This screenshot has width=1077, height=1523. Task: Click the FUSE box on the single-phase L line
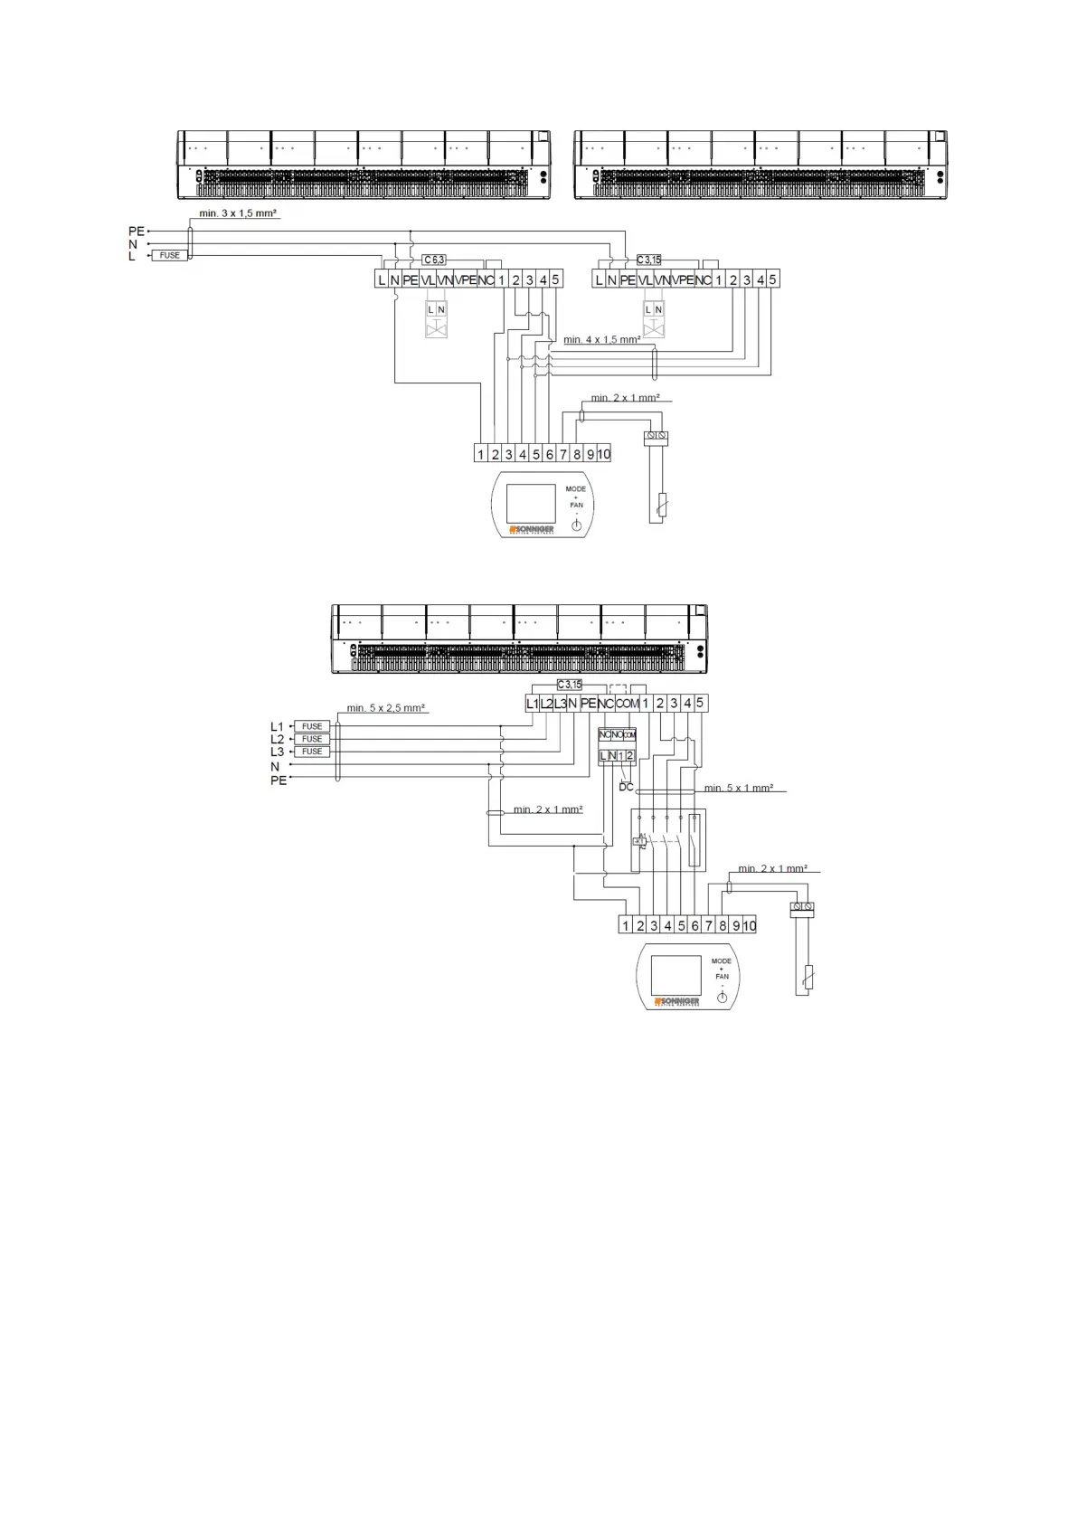pos(170,256)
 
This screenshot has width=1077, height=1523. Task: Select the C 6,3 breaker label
pos(434,260)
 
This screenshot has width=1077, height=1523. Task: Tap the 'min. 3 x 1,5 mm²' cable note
pos(238,213)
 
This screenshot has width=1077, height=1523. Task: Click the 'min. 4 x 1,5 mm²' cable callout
pos(601,339)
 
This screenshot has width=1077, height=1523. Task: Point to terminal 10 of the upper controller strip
pos(604,454)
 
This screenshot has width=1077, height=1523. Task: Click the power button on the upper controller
pos(576,525)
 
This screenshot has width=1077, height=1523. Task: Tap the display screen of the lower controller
pos(675,975)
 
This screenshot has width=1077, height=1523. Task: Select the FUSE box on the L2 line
pos(312,739)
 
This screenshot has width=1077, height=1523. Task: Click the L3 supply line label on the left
pos(277,752)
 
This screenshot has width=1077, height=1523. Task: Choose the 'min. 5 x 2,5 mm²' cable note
pos(386,708)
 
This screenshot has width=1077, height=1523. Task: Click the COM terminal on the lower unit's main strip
pos(628,703)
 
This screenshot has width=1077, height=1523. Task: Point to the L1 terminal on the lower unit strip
pos(533,703)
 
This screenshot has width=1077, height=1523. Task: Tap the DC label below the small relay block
pos(627,787)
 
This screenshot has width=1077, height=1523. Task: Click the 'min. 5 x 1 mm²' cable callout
pos(738,788)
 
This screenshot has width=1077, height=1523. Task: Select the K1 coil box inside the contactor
pos(639,841)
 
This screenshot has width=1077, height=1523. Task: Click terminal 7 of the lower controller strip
pos(709,925)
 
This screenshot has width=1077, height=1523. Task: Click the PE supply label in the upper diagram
pos(136,232)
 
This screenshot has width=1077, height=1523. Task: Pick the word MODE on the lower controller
pos(722,960)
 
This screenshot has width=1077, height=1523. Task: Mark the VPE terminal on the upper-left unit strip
pos(466,279)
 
